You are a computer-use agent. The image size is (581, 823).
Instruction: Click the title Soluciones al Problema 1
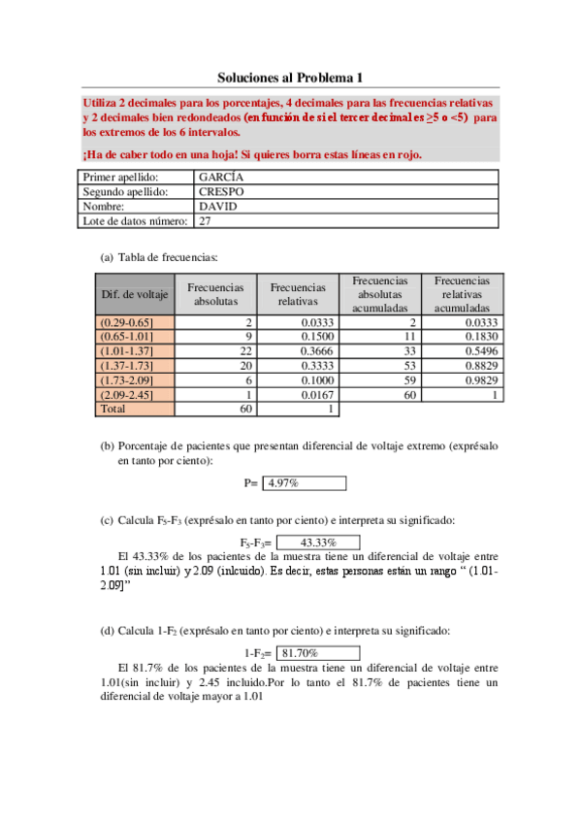tap(289, 77)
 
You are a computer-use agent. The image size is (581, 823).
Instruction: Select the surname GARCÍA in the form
tap(221, 178)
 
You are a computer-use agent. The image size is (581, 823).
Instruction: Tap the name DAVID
tap(217, 207)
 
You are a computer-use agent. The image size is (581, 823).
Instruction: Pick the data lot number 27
tap(205, 221)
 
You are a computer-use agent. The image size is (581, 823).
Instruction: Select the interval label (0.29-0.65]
tap(123, 322)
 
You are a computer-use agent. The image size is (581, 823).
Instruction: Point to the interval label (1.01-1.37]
tap(123, 351)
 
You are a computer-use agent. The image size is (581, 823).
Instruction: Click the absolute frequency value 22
tap(245, 351)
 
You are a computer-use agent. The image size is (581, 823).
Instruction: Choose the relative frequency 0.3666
tap(318, 351)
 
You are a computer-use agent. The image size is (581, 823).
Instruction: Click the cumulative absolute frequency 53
tap(408, 366)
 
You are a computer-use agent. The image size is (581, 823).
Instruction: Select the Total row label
tap(113, 410)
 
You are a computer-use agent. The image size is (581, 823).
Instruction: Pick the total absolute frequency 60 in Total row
tap(245, 410)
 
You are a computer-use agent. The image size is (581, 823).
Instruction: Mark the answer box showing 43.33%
tap(318, 543)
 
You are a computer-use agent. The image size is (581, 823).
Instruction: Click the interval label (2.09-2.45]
tap(123, 395)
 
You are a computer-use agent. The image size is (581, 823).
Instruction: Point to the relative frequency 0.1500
tap(318, 337)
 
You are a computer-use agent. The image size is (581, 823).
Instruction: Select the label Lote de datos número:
tap(134, 221)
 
